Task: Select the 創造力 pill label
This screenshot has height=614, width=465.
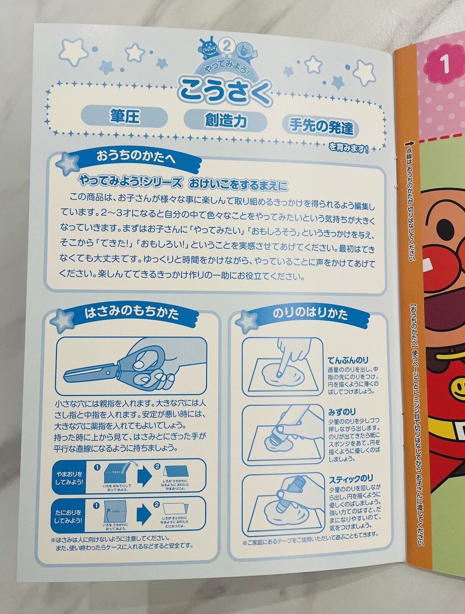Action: tap(225, 120)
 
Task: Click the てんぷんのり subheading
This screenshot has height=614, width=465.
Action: tap(348, 360)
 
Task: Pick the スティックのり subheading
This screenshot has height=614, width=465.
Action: tap(351, 479)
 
